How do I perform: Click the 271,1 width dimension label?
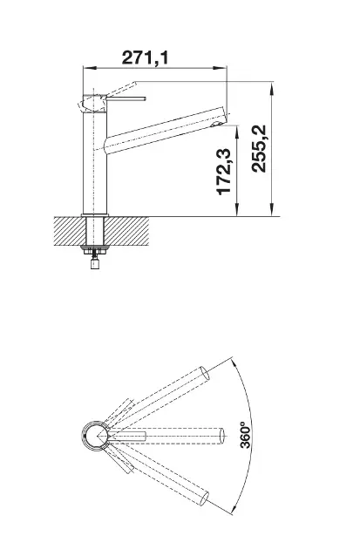click(145, 58)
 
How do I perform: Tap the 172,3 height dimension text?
click(224, 172)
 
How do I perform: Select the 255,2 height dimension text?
click(259, 148)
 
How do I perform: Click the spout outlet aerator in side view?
click(218, 124)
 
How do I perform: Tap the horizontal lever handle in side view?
click(126, 99)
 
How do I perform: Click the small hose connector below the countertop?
click(94, 263)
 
